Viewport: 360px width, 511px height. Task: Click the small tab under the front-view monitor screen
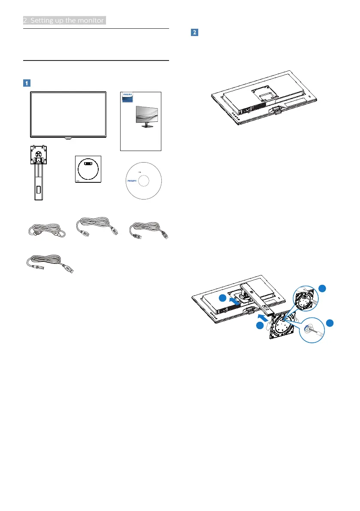[68, 139]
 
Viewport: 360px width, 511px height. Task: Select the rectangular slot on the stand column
[39, 188]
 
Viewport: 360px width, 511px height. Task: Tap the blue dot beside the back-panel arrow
[223, 297]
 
